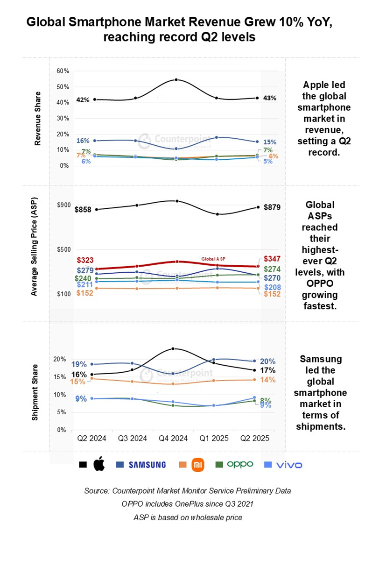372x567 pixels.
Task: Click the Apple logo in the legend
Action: (99, 464)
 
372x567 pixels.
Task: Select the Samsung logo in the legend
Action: (147, 464)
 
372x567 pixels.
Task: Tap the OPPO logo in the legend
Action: (240, 464)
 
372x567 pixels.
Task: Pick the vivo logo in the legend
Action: (289, 465)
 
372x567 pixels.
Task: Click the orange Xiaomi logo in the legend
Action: (198, 464)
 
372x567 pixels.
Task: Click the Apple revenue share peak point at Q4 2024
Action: (176, 80)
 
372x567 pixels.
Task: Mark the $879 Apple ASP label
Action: (272, 207)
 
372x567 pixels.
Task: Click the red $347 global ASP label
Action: (272, 258)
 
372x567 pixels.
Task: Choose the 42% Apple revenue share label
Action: (84, 99)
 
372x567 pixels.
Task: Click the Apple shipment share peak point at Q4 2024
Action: (173, 349)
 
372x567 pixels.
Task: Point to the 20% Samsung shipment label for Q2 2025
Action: (267, 361)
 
